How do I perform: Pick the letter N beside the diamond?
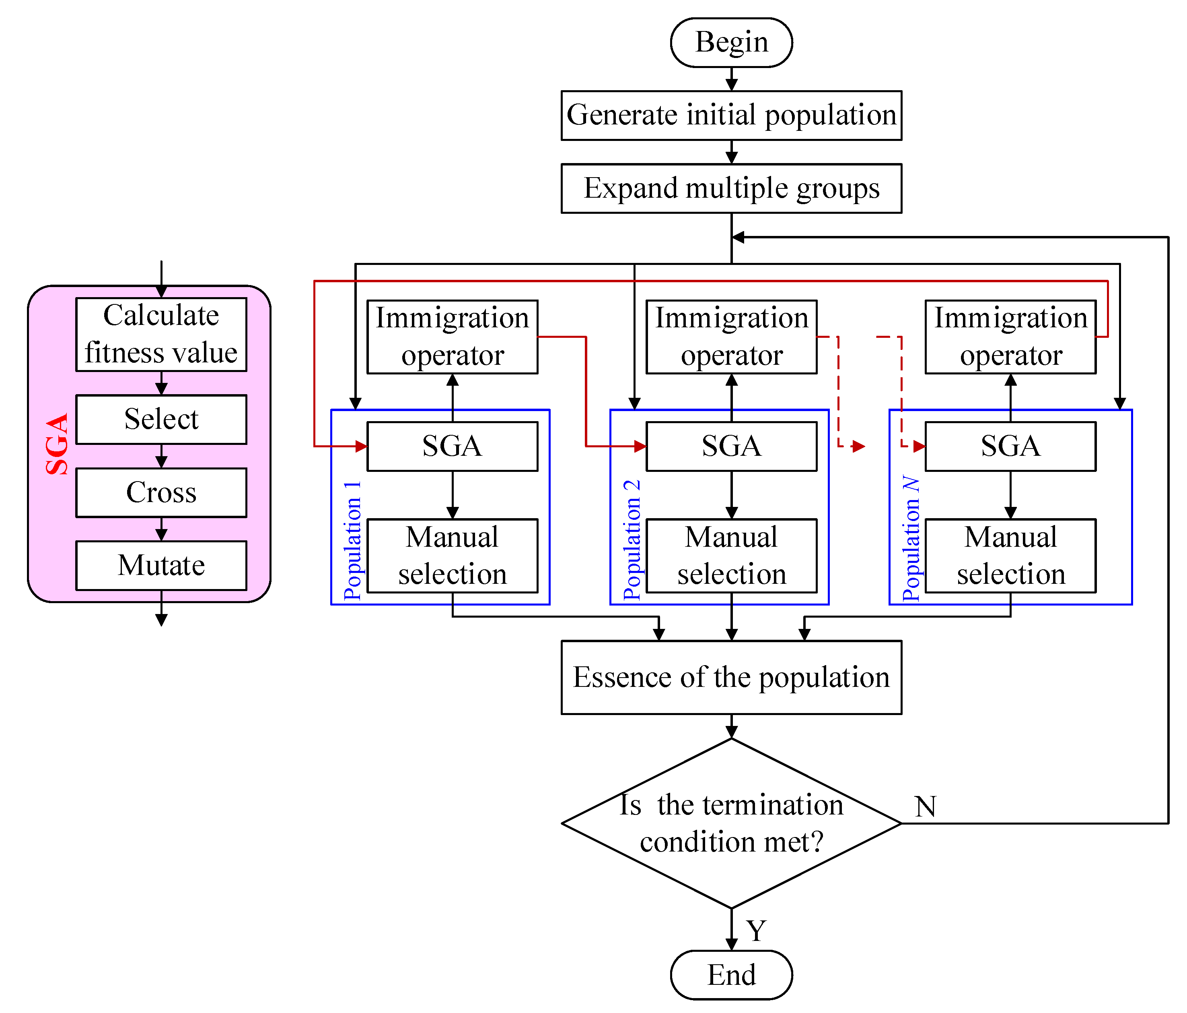[x=925, y=806]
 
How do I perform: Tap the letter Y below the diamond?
[x=756, y=930]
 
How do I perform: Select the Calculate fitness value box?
[x=162, y=335]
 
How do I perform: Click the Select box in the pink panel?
[x=162, y=420]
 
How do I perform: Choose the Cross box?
[x=162, y=492]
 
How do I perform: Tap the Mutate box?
[x=162, y=566]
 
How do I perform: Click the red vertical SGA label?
[x=57, y=444]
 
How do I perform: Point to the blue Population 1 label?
[x=352, y=541]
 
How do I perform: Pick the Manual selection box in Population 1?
[x=452, y=556]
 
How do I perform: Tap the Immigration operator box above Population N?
[x=1010, y=337]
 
